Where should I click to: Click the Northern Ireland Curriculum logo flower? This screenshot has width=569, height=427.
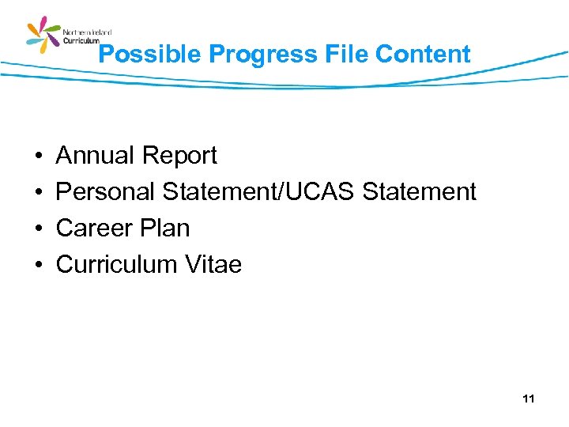(x=44, y=33)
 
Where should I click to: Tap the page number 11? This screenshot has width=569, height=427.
(x=529, y=399)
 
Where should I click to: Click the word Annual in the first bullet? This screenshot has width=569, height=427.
(x=96, y=156)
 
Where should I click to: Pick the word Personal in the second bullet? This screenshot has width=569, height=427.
(x=105, y=191)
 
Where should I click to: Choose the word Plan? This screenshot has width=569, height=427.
(x=164, y=228)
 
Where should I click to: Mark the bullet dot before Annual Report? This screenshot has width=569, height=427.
(x=38, y=157)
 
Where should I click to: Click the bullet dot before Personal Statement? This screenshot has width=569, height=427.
(x=38, y=192)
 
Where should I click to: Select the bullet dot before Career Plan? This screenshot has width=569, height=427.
(x=38, y=229)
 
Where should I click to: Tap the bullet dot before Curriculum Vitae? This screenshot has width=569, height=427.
(x=38, y=265)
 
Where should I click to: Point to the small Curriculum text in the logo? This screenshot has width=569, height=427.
(x=82, y=40)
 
